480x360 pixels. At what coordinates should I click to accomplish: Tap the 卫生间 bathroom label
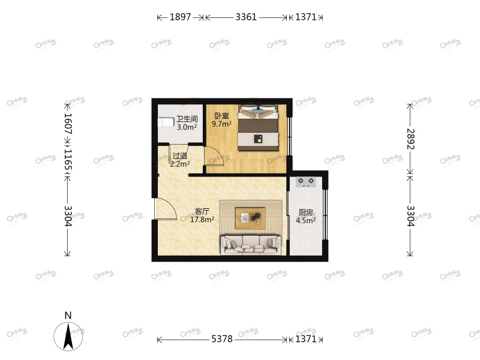[187, 119]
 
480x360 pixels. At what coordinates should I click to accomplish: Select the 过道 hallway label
[179, 155]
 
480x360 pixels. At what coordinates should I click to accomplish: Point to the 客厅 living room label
[202, 211]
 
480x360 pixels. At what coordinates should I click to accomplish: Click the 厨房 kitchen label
[305, 212]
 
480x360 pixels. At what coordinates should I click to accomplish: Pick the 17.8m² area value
[202, 220]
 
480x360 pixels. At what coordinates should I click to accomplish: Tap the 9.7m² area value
[221, 124]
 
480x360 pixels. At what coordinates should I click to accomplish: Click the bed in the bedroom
[258, 128]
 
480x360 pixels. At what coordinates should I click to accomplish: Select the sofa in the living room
[251, 243]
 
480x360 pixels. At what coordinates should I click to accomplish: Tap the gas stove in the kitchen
[306, 182]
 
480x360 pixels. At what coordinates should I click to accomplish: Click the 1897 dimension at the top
[180, 17]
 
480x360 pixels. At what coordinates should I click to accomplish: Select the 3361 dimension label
[246, 17]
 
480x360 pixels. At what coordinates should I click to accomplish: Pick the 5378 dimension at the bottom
[222, 340]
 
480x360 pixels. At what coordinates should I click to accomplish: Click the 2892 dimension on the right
[410, 139]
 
